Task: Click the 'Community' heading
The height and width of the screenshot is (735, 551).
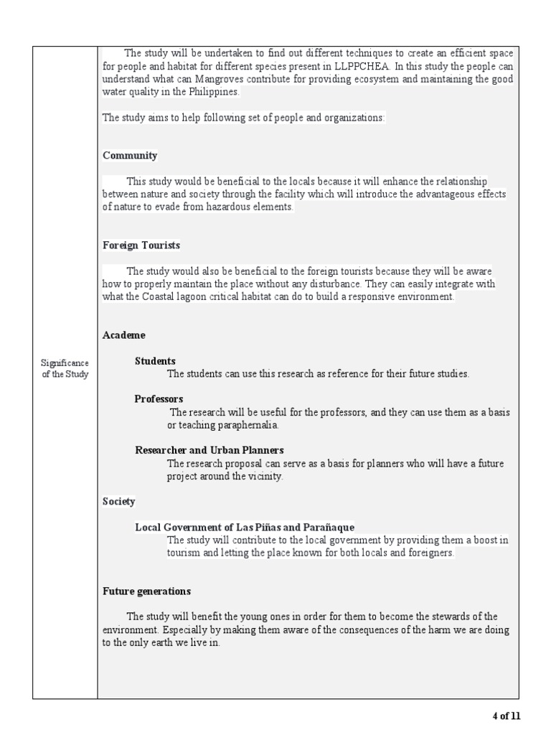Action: (x=130, y=156)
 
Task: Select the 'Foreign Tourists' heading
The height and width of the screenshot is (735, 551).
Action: (x=141, y=245)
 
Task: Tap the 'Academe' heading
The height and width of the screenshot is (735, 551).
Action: (x=123, y=335)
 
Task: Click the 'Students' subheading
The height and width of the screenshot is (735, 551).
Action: (x=155, y=361)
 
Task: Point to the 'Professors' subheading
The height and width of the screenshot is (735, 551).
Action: (x=159, y=399)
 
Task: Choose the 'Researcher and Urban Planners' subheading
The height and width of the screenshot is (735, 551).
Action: (x=209, y=450)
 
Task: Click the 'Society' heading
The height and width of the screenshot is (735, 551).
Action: (x=118, y=502)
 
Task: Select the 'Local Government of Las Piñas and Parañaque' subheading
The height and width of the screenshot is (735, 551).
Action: (x=245, y=528)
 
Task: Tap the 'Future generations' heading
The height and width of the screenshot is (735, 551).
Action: (x=146, y=591)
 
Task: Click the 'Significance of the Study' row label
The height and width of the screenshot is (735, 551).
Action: (x=65, y=370)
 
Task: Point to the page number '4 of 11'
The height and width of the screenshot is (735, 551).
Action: (x=506, y=716)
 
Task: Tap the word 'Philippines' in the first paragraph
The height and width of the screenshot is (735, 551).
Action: (x=213, y=93)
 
